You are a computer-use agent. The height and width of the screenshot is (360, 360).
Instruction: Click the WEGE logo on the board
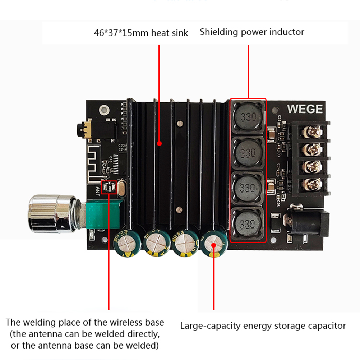click(x=305, y=109)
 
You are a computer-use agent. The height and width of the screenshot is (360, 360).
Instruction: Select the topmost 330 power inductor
click(x=248, y=117)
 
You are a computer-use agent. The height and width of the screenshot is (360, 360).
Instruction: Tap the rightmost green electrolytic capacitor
click(x=214, y=245)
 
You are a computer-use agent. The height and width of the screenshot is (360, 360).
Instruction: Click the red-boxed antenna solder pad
click(x=109, y=187)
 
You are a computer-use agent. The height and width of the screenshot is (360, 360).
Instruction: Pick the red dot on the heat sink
click(x=159, y=143)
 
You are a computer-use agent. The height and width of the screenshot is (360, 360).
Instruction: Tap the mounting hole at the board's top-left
click(x=105, y=109)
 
